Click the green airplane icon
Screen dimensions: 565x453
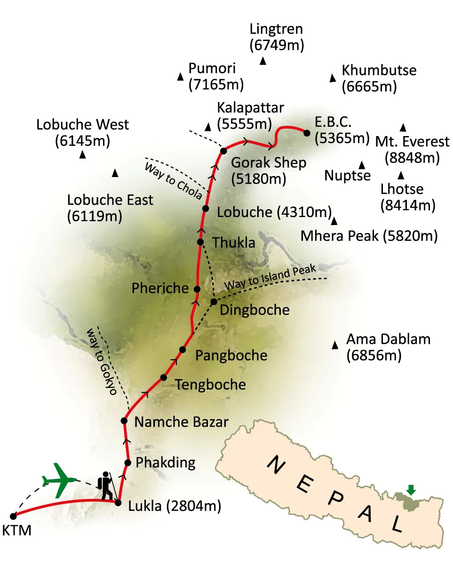point(60,480)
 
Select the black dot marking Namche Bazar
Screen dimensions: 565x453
point(124,420)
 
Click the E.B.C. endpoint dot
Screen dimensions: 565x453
point(307,133)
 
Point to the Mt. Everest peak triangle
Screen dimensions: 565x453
point(403,127)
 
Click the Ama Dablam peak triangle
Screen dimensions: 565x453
point(335,346)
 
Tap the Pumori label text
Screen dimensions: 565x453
point(211,69)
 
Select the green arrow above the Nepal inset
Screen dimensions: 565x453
point(411,490)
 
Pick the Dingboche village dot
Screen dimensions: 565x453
point(214,301)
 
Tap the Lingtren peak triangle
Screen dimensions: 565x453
point(263,61)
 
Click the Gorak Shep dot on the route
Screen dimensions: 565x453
point(223,151)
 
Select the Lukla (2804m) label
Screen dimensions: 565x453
point(174,507)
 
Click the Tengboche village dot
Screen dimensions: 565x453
point(164,377)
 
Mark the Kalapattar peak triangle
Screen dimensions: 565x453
point(208,126)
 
